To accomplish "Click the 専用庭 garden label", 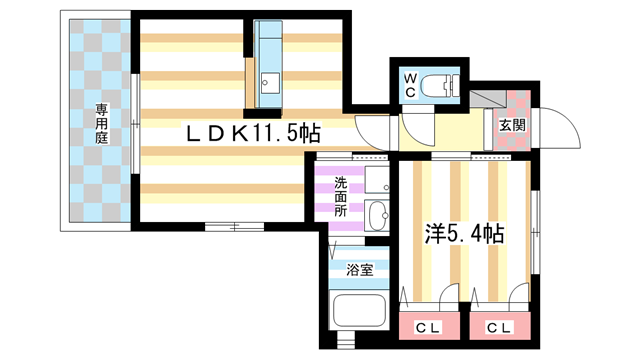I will click(x=101, y=122).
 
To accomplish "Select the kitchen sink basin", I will click(x=267, y=81).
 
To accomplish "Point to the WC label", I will click(x=410, y=84).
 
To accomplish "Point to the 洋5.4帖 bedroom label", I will click(x=462, y=234).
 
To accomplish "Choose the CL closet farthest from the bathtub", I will click(x=496, y=327).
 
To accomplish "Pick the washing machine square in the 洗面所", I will click(x=377, y=180).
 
